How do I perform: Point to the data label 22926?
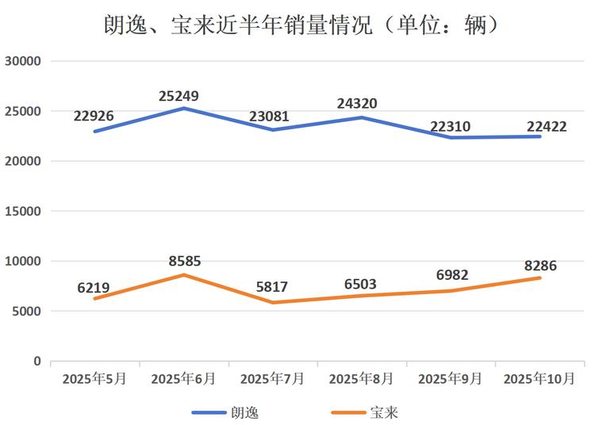94,117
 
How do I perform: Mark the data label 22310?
451,125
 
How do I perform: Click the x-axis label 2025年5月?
94,378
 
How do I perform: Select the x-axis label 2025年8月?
362,378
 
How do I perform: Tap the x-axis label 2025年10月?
539,378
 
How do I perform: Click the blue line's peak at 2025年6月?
183,108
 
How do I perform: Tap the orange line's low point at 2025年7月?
272,302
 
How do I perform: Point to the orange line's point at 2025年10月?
539,278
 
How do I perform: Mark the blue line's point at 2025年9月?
451,137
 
